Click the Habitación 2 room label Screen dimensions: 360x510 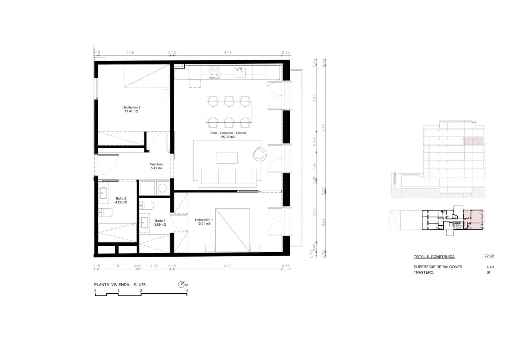pos(131,107)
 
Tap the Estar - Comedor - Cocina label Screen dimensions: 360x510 pos(228,133)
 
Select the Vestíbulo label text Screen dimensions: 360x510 pos(157,164)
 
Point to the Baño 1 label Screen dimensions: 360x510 pos(160,221)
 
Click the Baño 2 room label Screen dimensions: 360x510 pos(121,198)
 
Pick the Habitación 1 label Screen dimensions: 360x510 pos(204,220)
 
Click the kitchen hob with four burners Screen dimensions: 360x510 pos(214,72)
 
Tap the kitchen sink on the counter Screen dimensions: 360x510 pos(240,71)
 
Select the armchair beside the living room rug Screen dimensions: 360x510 pos(259,154)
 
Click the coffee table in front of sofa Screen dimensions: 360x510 pos(227,158)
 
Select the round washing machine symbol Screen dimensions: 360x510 pos(162,188)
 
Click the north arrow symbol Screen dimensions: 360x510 pos(181,285)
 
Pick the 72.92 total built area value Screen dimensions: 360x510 pos(489,256)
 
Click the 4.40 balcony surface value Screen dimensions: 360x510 pos(490,267)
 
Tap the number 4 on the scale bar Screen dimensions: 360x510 pos(187,291)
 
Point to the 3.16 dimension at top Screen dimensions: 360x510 pos(130,52)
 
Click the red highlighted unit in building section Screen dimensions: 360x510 pos(473,141)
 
